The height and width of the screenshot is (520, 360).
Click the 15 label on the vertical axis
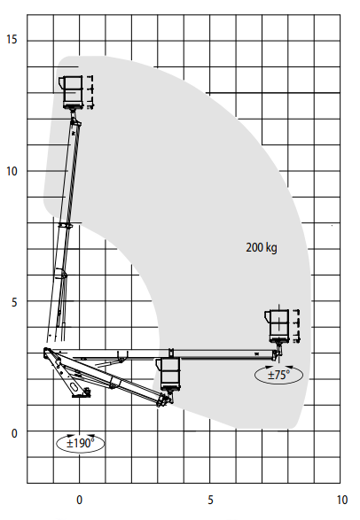click(12, 40)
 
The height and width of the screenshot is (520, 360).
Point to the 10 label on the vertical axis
click(12, 172)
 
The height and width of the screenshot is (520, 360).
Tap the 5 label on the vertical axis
click(14, 302)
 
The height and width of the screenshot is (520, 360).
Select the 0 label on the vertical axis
click(14, 433)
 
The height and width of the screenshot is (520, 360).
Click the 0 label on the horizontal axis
click(79, 500)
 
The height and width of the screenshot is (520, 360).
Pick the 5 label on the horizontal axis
click(210, 500)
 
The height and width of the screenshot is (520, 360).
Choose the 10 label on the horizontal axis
click(341, 500)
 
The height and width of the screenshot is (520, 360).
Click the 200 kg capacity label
click(262, 247)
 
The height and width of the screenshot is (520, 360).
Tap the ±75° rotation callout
click(278, 375)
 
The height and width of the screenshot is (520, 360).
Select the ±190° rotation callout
click(81, 443)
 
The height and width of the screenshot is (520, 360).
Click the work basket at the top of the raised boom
click(72, 92)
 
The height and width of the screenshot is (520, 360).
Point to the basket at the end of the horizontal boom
click(278, 326)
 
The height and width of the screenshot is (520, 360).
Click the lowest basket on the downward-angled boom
click(169, 374)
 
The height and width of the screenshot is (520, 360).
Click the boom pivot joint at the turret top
click(47, 352)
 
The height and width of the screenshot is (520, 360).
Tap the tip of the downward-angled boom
click(164, 400)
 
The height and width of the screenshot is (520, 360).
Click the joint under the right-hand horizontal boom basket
click(277, 353)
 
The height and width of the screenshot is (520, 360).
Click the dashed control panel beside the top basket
click(90, 92)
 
